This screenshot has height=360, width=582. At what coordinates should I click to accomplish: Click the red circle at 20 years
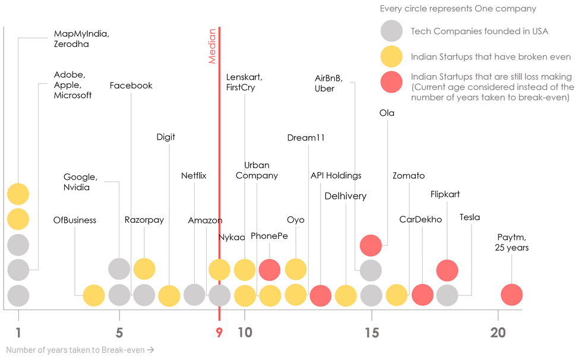point(511,295)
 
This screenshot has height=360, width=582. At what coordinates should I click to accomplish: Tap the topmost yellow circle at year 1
point(18,194)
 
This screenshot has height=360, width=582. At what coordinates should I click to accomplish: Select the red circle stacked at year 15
point(371,245)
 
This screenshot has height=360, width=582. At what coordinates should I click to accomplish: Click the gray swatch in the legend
point(391,31)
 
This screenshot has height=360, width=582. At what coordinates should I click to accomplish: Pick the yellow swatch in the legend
point(391,56)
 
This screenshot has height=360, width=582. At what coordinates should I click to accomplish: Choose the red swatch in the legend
point(391,81)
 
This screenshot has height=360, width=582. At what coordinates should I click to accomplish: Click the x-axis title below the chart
point(80,349)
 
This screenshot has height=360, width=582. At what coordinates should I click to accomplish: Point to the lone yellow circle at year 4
point(94,295)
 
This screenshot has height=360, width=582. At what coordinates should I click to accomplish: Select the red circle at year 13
point(321,295)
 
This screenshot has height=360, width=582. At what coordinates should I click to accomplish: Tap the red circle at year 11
point(270,270)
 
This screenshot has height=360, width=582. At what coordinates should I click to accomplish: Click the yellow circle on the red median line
point(219,270)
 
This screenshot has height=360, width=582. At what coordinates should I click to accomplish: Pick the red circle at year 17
point(422,295)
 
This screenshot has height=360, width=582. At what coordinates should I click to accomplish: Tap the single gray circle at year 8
point(194,295)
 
